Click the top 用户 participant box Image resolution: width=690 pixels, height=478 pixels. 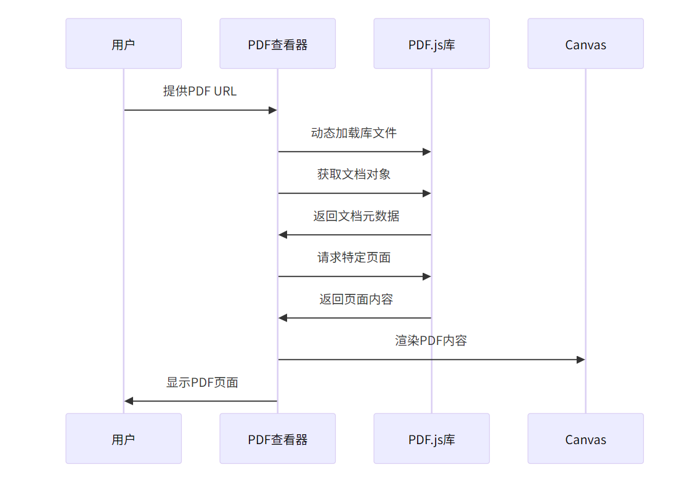[x=123, y=44]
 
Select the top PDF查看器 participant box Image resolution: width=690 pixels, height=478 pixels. [x=277, y=44]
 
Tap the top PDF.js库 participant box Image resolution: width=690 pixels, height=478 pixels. [x=431, y=44]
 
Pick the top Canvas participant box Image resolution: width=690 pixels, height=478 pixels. [x=585, y=44]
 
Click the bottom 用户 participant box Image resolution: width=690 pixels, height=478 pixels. [x=123, y=439]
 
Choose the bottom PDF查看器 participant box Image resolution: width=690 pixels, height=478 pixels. [x=277, y=439]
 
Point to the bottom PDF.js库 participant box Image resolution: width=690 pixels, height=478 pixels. [x=431, y=439]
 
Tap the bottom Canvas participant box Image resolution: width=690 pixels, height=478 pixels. [x=585, y=439]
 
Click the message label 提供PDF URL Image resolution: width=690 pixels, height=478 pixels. [x=200, y=91]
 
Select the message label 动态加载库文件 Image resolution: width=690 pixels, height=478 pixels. [x=354, y=133]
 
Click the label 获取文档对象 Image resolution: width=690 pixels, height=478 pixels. [x=354, y=174]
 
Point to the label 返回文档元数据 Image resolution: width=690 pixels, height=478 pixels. [x=355, y=216]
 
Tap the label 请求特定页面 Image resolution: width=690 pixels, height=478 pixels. [x=354, y=257]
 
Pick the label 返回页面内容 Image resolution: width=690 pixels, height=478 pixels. [x=355, y=299]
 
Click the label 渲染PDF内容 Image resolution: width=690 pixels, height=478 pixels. [x=431, y=341]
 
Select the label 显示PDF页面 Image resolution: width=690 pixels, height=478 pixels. [x=202, y=383]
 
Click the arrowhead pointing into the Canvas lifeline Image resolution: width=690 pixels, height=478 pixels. [x=580, y=360]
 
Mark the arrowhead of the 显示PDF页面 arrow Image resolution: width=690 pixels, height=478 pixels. [x=129, y=401]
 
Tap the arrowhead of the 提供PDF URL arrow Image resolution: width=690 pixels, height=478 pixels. [x=272, y=110]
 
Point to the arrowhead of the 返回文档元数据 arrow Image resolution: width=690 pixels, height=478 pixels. [x=283, y=235]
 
